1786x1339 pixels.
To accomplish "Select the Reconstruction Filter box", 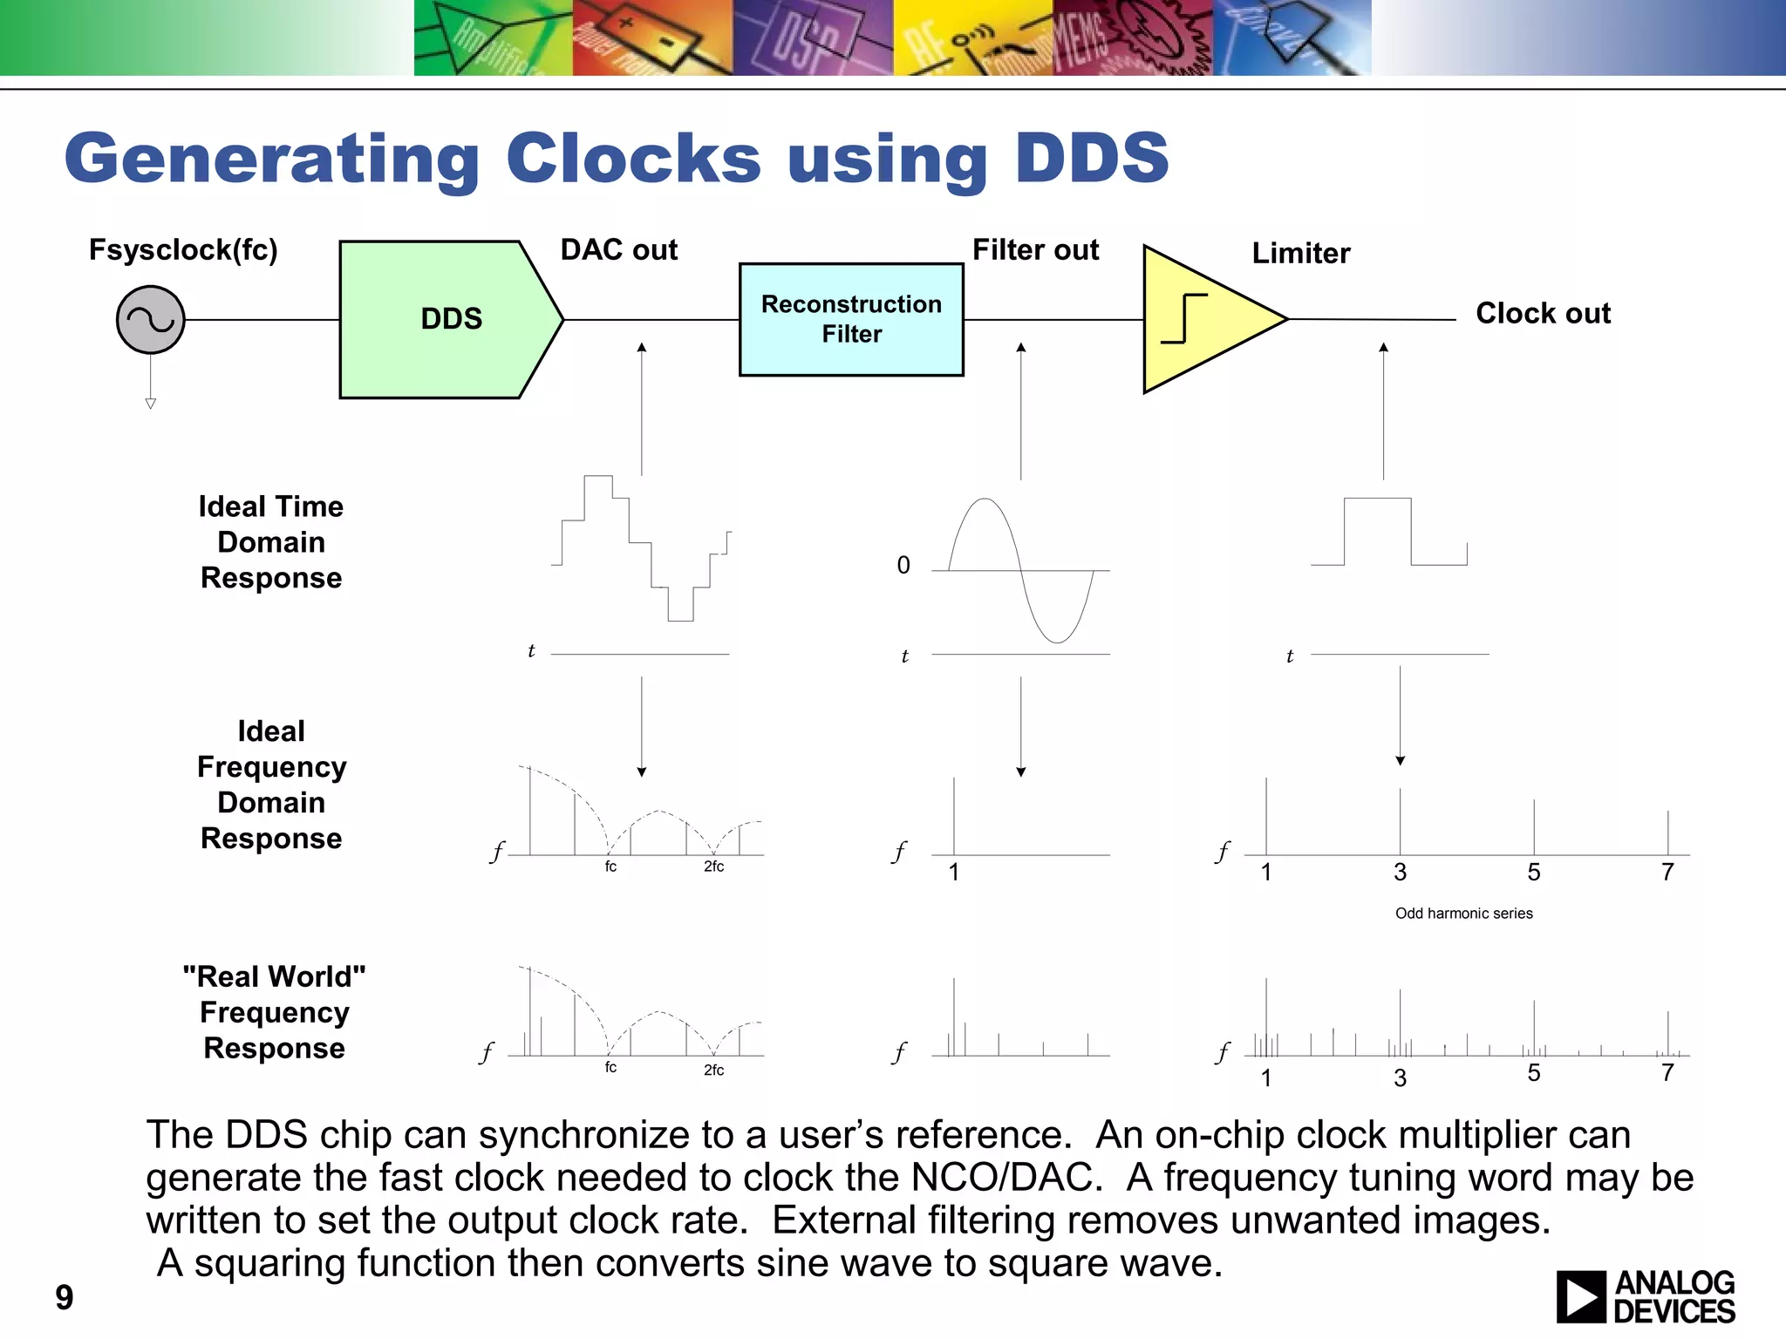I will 851,319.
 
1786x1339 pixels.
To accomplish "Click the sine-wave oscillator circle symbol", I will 150,320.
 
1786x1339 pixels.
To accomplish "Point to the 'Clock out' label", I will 1542,313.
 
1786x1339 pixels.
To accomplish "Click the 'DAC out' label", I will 618,250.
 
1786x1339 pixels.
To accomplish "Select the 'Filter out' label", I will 1035,250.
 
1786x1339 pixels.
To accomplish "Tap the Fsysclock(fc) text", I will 183,250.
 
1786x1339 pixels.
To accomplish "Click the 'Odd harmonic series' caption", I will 1463,913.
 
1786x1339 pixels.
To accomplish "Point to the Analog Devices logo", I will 1645,1296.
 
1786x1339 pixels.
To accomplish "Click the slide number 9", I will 65,1297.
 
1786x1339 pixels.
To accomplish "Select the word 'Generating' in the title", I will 272,160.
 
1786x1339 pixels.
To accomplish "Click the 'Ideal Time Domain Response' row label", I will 271,542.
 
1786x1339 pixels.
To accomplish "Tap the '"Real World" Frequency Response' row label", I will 274,1011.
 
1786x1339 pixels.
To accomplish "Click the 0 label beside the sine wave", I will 903,566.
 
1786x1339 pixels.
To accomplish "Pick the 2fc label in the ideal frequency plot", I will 713,867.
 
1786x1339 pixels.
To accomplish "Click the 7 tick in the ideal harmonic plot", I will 1667,872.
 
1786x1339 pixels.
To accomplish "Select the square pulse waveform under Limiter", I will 1388,532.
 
